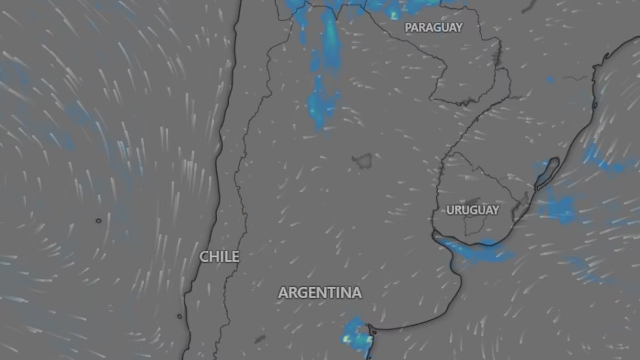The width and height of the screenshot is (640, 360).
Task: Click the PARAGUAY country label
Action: tap(434, 28)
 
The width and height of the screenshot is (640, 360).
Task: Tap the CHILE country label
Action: tap(219, 257)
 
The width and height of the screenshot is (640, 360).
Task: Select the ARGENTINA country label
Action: tap(320, 293)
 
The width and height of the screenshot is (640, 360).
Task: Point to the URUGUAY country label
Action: tap(473, 210)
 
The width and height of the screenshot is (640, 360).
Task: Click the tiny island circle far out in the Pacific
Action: tap(98, 220)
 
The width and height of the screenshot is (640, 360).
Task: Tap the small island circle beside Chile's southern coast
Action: tap(179, 316)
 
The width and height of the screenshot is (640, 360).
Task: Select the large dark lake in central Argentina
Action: tap(363, 159)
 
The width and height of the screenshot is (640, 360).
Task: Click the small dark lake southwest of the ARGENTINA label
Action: tap(260, 339)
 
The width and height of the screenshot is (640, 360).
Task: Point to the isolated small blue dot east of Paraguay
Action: tap(550, 80)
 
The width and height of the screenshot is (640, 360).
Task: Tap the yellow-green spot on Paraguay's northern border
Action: tap(394, 14)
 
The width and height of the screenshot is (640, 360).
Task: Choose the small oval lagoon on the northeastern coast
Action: tap(595, 105)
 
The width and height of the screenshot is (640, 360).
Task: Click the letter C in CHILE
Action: tap(204, 257)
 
